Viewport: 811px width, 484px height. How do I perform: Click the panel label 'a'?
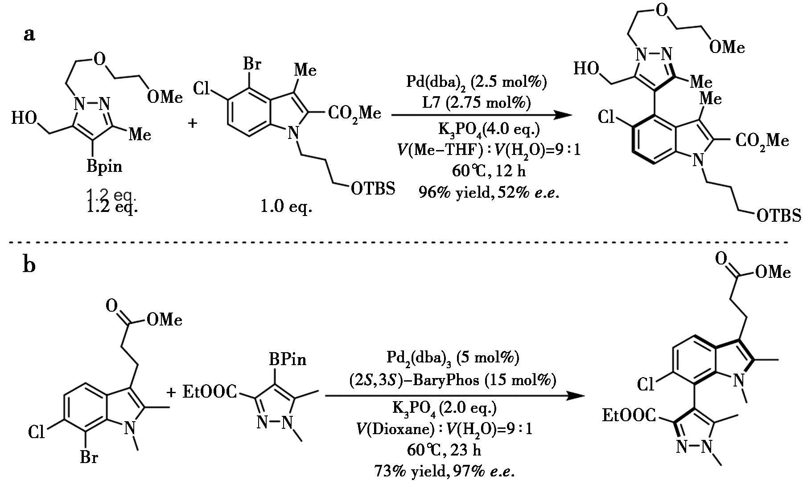29,34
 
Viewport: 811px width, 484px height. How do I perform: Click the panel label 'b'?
29,265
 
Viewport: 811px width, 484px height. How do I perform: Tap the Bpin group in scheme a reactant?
104,166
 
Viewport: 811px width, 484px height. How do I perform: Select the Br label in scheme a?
252,64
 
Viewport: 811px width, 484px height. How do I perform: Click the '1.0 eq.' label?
286,207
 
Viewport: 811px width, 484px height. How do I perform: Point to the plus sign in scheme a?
193,122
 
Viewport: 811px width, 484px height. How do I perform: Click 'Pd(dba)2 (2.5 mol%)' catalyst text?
476,82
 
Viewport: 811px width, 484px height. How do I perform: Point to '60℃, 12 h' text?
489,171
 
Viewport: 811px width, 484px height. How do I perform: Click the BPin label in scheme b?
287,359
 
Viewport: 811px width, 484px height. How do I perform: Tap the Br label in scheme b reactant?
89,457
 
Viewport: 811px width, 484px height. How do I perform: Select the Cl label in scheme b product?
646,384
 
